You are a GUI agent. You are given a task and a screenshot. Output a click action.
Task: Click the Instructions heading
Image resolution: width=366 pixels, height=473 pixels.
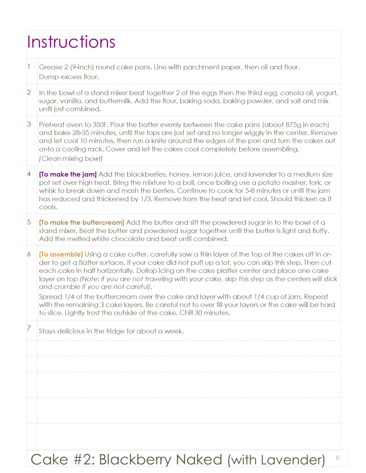click(x=71, y=42)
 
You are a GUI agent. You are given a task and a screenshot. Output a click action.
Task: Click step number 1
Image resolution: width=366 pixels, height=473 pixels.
click(x=29, y=66)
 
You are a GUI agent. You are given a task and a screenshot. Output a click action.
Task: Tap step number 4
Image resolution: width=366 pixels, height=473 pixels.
click(x=29, y=174)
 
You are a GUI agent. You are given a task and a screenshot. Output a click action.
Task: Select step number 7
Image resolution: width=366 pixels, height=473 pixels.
click(x=29, y=328)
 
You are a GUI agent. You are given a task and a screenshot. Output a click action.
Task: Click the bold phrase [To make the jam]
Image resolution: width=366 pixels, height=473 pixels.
click(x=68, y=174)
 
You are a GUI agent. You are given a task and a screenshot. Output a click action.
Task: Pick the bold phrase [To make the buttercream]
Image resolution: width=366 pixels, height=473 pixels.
click(x=81, y=222)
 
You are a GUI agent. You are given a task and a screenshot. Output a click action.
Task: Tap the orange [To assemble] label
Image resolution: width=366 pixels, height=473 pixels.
click(x=61, y=254)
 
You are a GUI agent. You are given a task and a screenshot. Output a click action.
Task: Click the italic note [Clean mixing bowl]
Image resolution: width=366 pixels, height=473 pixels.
click(x=71, y=158)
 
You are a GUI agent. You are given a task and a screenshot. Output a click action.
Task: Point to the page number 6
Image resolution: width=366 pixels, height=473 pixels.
click(x=337, y=458)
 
